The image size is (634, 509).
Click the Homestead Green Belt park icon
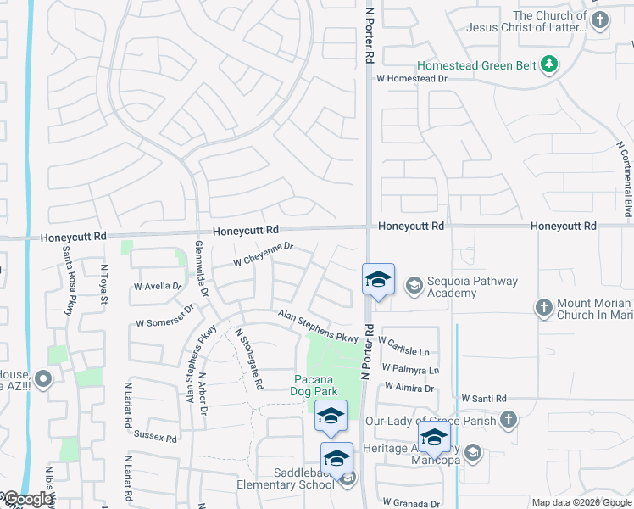pos(549,64)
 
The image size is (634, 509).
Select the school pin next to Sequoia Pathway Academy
pos(378,279)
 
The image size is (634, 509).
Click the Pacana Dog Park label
pos(316,384)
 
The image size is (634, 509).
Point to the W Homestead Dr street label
pos(411,78)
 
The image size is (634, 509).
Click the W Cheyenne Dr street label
pos(263,254)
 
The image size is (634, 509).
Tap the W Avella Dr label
pos(158,287)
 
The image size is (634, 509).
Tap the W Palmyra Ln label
pos(410,369)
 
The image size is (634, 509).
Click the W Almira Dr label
pos(409,387)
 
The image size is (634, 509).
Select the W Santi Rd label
pos(483,398)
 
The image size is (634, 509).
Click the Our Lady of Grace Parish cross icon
pos(508,419)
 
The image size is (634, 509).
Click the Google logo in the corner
pos(26,499)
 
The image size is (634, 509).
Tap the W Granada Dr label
pos(411,502)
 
